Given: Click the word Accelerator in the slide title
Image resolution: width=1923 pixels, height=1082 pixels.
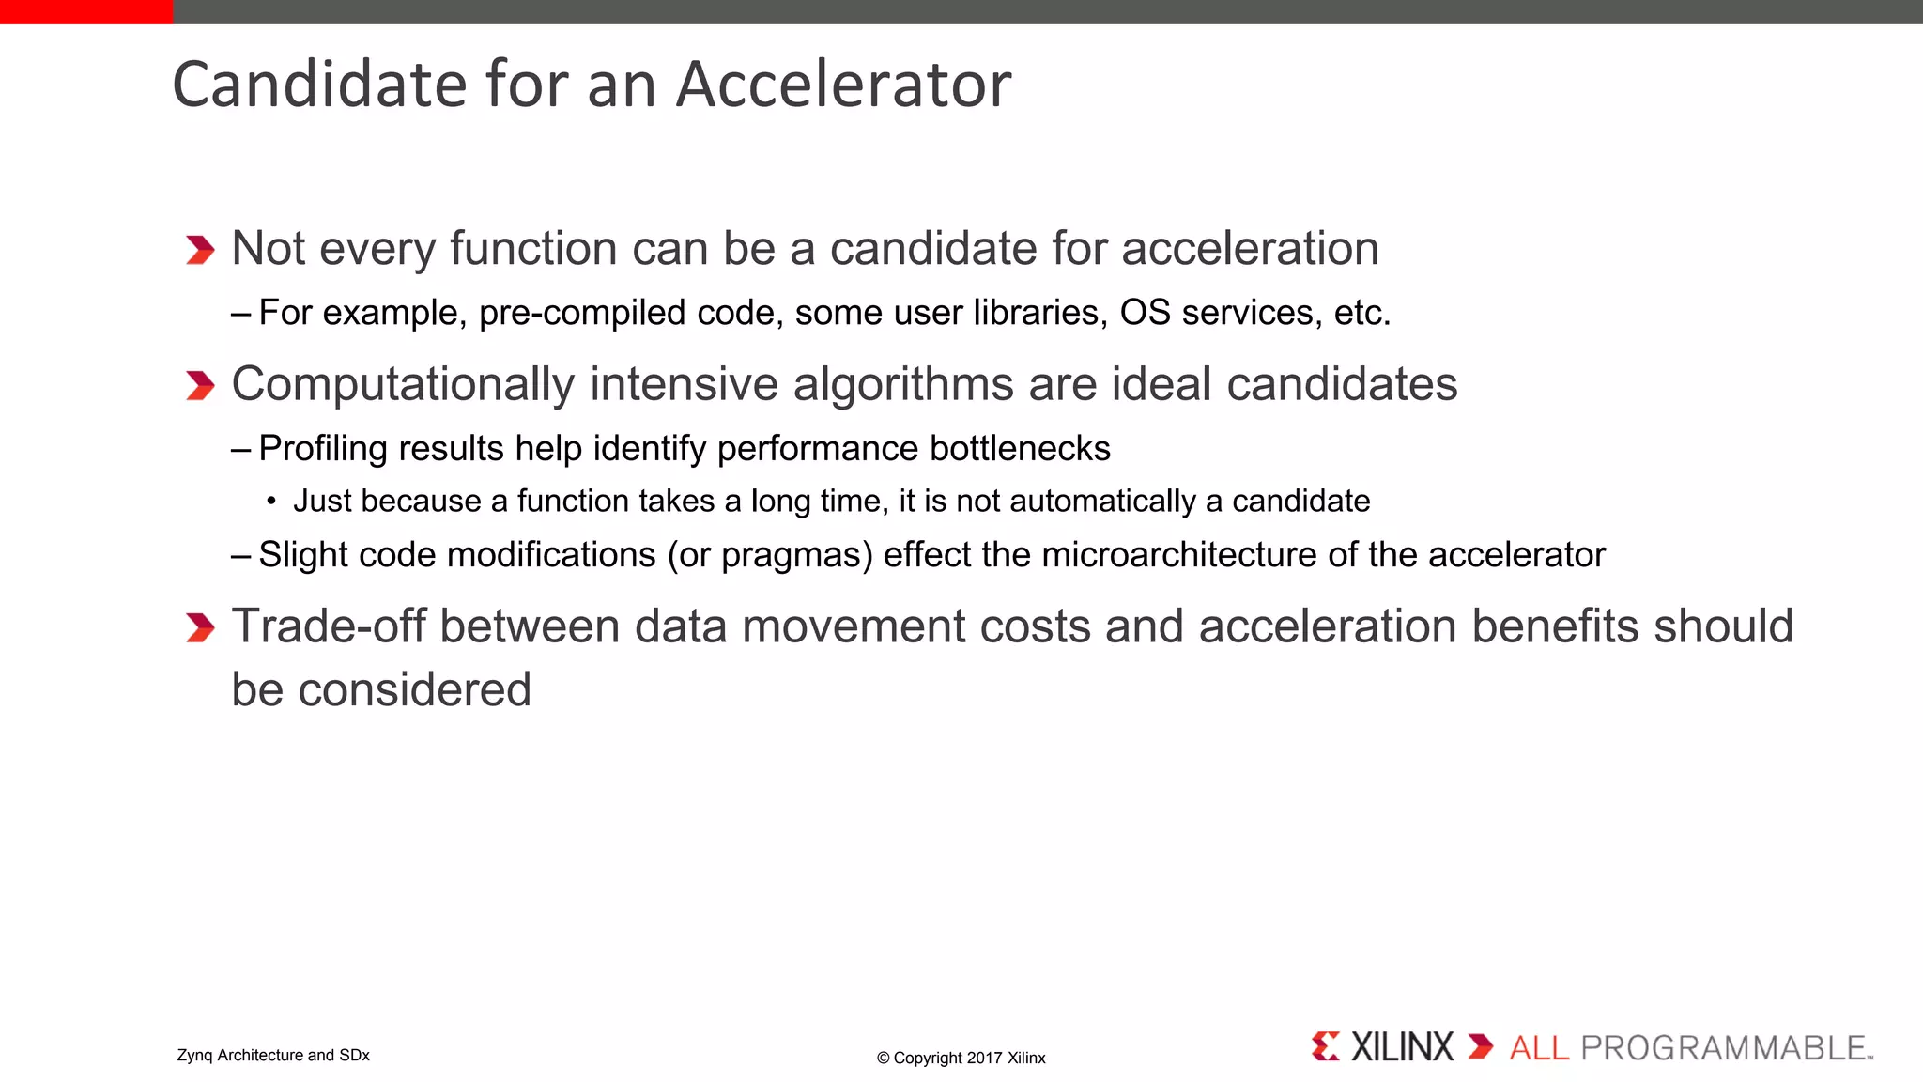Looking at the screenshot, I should [843, 85].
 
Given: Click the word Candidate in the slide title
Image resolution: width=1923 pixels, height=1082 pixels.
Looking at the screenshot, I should [320, 85].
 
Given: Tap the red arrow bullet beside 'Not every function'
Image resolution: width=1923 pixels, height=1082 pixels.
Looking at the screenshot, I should [200, 250].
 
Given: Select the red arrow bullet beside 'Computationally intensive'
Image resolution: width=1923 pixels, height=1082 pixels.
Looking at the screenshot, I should [200, 385].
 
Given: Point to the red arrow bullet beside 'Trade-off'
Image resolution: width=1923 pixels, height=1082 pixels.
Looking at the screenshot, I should [200, 627].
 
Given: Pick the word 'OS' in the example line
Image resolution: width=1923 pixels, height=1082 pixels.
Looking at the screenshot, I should [1145, 313].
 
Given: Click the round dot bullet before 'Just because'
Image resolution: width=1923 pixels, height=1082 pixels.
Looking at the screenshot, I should [271, 502].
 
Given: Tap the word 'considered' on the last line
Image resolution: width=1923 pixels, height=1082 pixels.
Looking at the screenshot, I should [414, 690].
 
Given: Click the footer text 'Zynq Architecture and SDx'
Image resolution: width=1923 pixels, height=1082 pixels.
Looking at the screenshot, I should [273, 1055].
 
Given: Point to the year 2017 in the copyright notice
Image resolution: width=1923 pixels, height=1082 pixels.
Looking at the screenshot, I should [985, 1058].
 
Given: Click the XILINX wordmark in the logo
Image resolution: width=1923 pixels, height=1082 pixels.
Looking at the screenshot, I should [1402, 1047].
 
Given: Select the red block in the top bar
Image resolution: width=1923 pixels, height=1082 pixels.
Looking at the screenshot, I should [86, 11].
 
